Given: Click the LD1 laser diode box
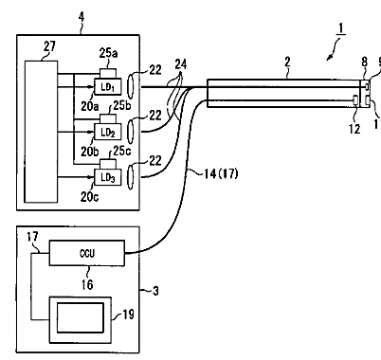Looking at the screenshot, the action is point(108,86).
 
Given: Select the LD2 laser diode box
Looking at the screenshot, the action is point(108,132).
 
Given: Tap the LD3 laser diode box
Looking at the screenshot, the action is point(108,177).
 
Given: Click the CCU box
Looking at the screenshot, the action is point(87,253).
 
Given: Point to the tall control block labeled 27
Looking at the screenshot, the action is point(41,132).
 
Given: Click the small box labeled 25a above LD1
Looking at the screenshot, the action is point(108,73).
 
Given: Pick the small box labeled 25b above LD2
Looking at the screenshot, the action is point(108,119).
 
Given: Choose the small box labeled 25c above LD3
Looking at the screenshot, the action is point(108,165).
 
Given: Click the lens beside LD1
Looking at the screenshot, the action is point(131,86).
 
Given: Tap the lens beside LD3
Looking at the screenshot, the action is point(131,177).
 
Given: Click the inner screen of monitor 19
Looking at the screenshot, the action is point(81,317).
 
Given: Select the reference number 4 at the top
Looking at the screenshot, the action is point(82,17).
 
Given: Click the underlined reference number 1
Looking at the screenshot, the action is point(341,28).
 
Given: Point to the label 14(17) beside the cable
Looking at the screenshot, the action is point(221,173).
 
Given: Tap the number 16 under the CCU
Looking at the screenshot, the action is point(87,284).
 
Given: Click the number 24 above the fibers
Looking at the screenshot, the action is point(181,64).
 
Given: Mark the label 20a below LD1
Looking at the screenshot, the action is point(90,106).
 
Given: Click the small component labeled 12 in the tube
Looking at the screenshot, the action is point(355,99).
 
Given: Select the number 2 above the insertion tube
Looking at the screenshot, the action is point(287,62).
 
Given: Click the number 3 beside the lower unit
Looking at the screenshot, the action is point(155,291).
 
